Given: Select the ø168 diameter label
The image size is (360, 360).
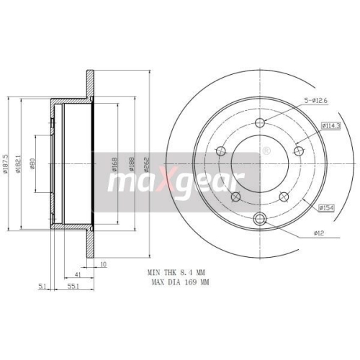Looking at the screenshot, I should pos(115,166).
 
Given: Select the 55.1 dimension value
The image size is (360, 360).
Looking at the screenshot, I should pos(72,287).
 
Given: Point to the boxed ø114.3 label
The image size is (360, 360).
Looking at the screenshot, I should pos(311,126).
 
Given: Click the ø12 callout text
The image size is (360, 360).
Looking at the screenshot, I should pos(320,233).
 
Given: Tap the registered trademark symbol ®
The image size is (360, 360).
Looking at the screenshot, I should pos(267,150).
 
